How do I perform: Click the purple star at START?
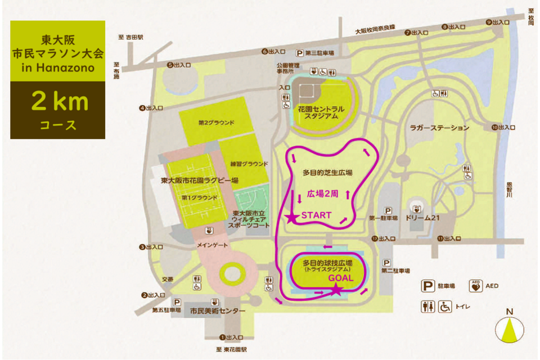(x=292, y=217)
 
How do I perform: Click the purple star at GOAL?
(x=336, y=290)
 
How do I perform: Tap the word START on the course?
(x=317, y=215)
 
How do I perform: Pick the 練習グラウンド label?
(x=249, y=164)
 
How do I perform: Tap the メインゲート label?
(x=213, y=246)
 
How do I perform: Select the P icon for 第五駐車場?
(x=177, y=301)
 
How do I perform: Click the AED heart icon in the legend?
(x=476, y=286)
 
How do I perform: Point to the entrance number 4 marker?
(x=142, y=107)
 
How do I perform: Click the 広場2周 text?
(x=322, y=193)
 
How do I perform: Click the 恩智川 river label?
(x=509, y=189)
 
